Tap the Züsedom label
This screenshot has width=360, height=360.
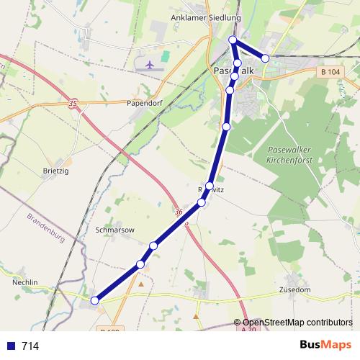tap(294, 289)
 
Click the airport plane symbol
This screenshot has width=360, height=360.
tap(150, 65)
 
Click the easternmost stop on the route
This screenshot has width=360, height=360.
tap(266, 58)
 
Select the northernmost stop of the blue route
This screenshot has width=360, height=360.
tap(233, 40)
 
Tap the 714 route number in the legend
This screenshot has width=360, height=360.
tap(30, 346)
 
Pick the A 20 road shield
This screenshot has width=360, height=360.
tap(248, 329)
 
